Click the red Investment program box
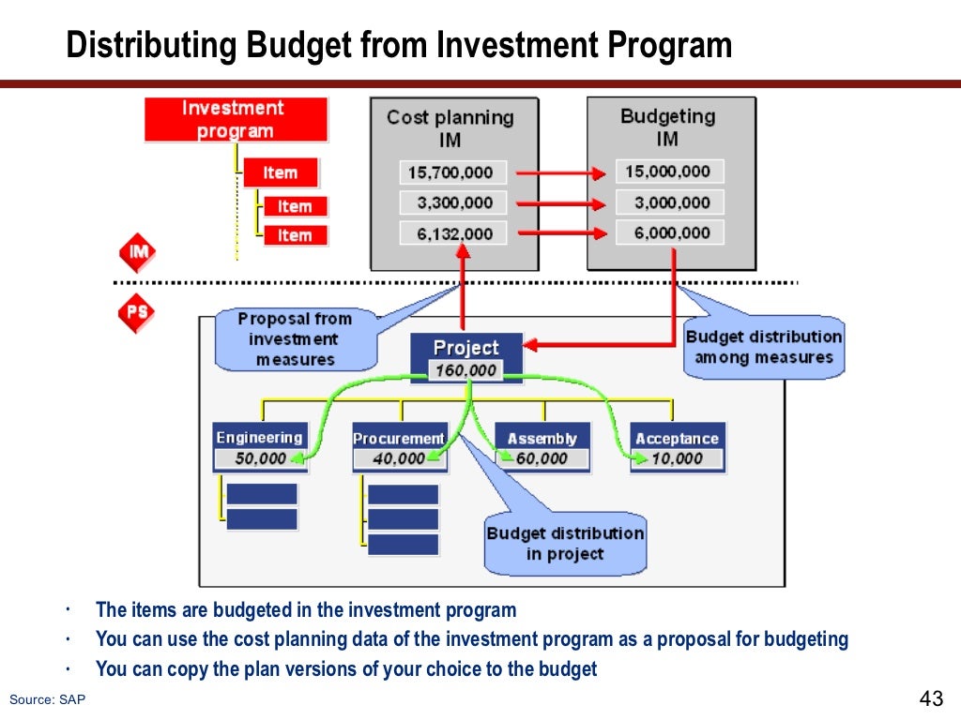coord(236,120)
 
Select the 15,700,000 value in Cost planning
coord(452,172)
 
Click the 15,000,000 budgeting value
coord(669,172)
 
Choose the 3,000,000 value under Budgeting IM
coord(669,202)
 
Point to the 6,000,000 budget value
coord(669,232)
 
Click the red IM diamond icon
coord(137,253)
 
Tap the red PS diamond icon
coord(137,313)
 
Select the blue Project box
coord(466,348)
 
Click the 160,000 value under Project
coord(466,370)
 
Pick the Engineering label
coord(259,438)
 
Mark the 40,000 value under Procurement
coord(399,458)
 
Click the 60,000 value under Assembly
coord(542,458)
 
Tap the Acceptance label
coord(677,438)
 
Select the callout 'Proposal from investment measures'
coord(295,339)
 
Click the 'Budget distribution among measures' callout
coord(763,347)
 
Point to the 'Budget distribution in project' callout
coord(565,544)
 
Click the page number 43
coord(930,699)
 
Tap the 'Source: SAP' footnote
coord(47,699)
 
